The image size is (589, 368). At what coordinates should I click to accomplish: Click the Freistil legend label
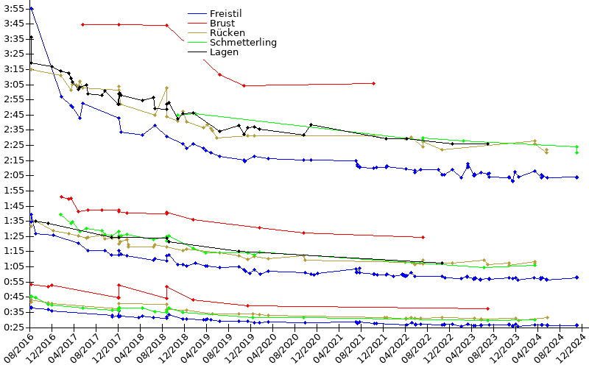[226, 14]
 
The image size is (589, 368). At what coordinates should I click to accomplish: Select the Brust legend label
[222, 24]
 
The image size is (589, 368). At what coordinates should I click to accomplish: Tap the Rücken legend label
[227, 33]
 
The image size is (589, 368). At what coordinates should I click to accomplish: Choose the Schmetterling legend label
[243, 43]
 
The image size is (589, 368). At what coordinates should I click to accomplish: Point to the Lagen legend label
[224, 52]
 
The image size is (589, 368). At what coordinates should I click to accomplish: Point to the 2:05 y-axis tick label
[13, 175]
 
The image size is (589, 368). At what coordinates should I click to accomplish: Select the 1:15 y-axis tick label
[13, 251]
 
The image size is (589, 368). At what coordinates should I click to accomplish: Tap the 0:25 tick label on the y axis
[13, 327]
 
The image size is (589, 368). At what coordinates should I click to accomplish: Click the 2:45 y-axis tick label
[13, 114]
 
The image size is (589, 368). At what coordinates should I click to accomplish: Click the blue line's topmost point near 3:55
[31, 7]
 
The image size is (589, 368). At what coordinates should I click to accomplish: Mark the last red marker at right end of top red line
[374, 83]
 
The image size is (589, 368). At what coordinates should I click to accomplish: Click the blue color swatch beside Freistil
[197, 14]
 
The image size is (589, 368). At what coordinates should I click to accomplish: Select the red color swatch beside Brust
[197, 24]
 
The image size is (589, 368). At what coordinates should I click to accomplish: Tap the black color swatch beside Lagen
[197, 52]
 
